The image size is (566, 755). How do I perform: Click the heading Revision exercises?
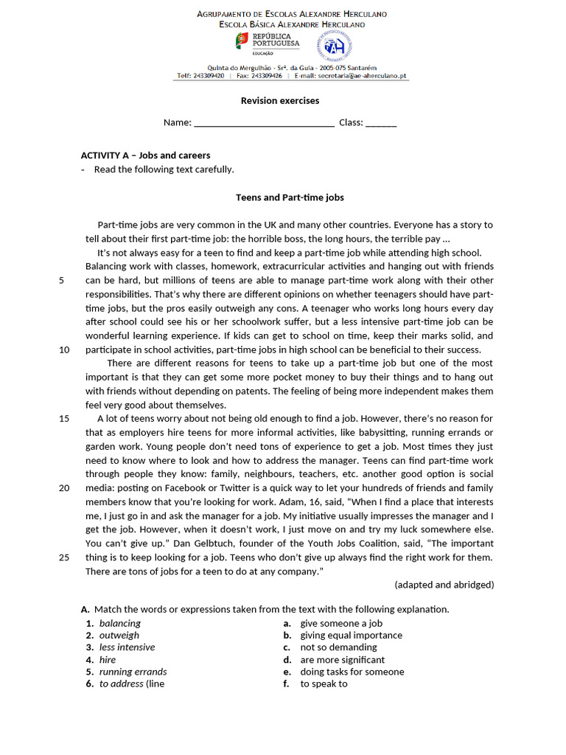[280, 101]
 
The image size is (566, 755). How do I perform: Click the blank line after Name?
[264, 123]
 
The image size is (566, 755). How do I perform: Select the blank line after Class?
[381, 123]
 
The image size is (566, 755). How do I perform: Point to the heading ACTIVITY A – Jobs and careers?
[145, 156]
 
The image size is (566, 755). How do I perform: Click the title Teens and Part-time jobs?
[290, 198]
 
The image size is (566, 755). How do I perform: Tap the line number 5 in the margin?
[61, 280]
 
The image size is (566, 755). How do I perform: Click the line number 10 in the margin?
[63, 349]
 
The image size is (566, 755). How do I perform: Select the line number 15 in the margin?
[63, 419]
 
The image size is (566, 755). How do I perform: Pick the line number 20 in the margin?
[63, 488]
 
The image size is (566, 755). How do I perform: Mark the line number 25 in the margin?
[63, 557]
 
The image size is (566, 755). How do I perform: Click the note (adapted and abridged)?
[444, 585]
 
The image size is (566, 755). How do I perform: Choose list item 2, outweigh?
[119, 636]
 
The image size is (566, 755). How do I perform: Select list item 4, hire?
[108, 660]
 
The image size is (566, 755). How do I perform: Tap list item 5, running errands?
[133, 672]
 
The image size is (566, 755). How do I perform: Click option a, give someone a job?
[341, 623]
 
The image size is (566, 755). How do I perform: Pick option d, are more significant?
[342, 660]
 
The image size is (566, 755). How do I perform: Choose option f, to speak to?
[324, 684]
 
